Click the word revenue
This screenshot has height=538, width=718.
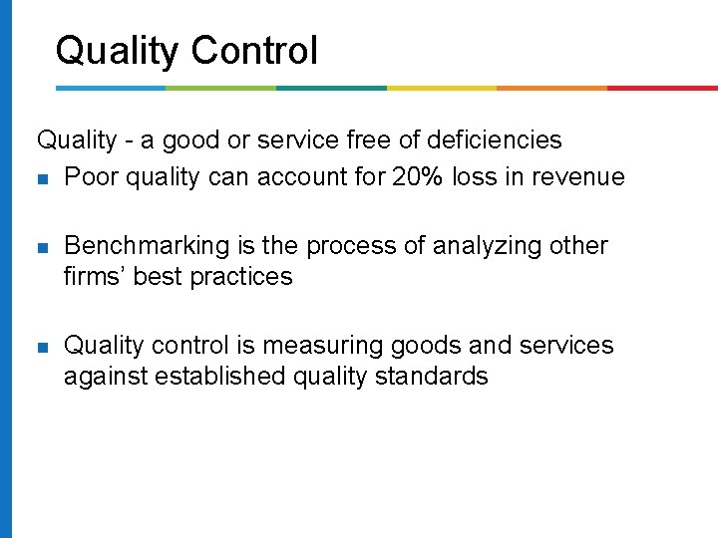pos(576,177)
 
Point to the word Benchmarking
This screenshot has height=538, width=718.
pos(146,246)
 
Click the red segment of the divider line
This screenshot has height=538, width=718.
pos(662,88)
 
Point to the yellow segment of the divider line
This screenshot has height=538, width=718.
pos(441,88)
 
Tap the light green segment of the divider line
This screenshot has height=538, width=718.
pos(220,88)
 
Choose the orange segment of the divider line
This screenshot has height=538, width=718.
pos(551,88)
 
